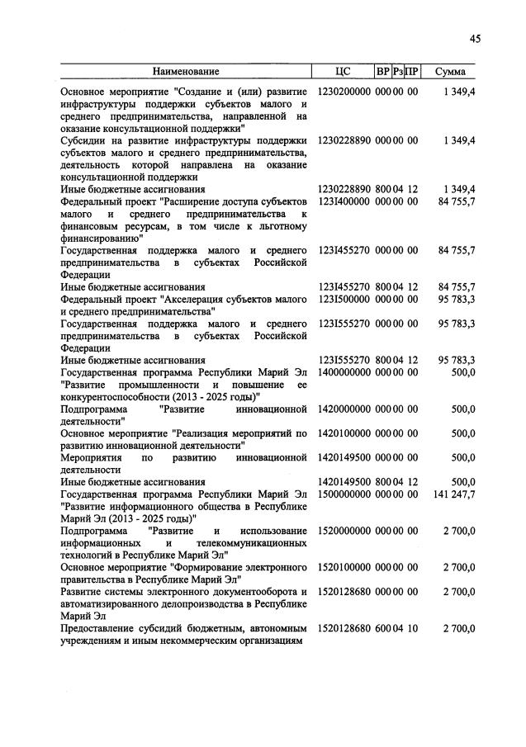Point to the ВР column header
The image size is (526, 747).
tap(383, 71)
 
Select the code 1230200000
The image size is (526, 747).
tap(344, 92)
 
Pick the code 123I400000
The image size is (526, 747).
tap(344, 201)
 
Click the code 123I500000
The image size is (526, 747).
tap(344, 299)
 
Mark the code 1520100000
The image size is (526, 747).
tap(344, 567)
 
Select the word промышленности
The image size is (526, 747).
tap(164, 385)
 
